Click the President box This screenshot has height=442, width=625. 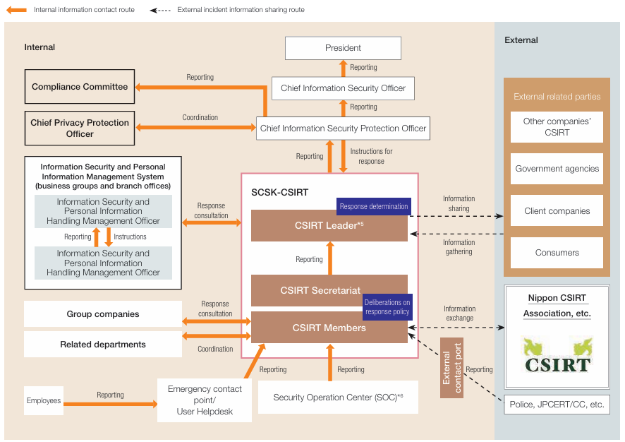click(343, 48)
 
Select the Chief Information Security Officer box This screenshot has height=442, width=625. click(343, 88)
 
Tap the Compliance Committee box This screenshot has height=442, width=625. click(80, 87)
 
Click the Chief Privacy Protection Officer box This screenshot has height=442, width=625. click(80, 128)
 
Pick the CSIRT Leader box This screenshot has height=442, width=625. click(329, 226)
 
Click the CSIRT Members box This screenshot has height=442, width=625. click(329, 328)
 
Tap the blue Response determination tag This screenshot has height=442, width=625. click(374, 206)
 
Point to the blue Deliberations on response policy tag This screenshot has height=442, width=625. click(387, 307)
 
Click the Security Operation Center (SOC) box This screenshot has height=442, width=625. click(338, 398)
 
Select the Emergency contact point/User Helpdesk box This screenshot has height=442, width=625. click(205, 400)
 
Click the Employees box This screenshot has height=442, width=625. click(44, 401)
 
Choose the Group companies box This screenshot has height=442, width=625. click(103, 314)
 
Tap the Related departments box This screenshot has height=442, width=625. click(103, 345)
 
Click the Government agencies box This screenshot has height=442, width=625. click(557, 169)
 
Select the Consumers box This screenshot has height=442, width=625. click(557, 253)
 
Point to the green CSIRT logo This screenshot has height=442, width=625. click(557, 354)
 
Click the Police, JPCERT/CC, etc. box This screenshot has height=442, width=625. click(557, 405)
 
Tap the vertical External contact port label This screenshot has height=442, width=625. click(451, 368)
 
